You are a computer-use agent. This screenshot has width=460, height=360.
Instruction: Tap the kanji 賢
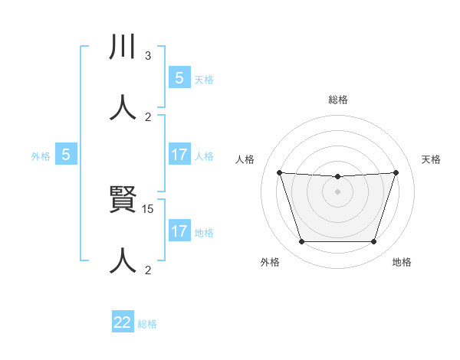(x=123, y=203)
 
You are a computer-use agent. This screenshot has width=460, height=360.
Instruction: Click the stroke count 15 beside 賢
(x=149, y=208)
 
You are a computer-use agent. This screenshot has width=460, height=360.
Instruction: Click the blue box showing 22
(x=123, y=322)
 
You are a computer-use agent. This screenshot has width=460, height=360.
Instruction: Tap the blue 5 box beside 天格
(x=179, y=78)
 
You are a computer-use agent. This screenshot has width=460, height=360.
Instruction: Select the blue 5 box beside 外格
(x=66, y=155)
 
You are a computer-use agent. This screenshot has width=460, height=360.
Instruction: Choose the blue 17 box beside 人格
(x=179, y=155)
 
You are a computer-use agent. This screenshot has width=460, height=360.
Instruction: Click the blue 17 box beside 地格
(x=179, y=231)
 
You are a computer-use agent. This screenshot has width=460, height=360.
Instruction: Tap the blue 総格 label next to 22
(x=147, y=324)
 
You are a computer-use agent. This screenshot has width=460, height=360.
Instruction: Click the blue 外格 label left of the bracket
(x=41, y=156)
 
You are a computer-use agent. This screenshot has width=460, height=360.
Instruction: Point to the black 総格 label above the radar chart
(x=338, y=100)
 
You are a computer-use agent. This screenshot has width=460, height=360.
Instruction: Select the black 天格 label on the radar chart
(x=432, y=159)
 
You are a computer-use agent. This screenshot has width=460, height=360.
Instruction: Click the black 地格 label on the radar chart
(x=402, y=263)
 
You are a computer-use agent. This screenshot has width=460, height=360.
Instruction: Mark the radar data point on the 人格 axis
(x=279, y=172)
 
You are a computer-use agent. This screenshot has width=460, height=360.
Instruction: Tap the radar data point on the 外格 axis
(x=301, y=242)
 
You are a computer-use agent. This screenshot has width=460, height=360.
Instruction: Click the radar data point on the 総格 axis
(x=338, y=177)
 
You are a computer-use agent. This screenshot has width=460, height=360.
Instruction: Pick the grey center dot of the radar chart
(x=338, y=191)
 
